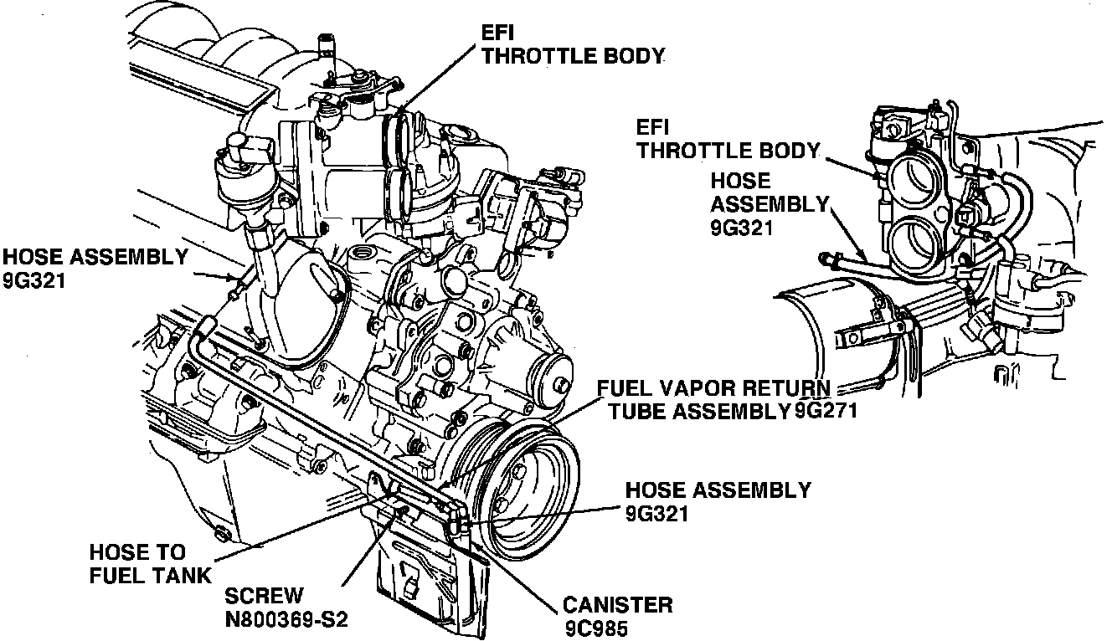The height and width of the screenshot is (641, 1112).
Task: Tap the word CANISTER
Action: (x=618, y=604)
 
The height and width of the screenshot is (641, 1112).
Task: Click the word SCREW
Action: (x=264, y=597)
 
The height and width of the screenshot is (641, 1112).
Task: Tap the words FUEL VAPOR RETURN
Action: (x=714, y=389)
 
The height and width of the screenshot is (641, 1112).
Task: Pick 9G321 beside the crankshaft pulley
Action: (x=657, y=512)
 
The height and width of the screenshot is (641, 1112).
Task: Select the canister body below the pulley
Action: (x=427, y=577)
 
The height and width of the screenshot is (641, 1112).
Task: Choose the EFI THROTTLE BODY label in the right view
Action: (x=726, y=140)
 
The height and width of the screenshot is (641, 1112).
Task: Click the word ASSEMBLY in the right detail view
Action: (x=769, y=203)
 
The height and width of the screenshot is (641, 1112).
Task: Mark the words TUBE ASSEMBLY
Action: (x=700, y=410)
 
